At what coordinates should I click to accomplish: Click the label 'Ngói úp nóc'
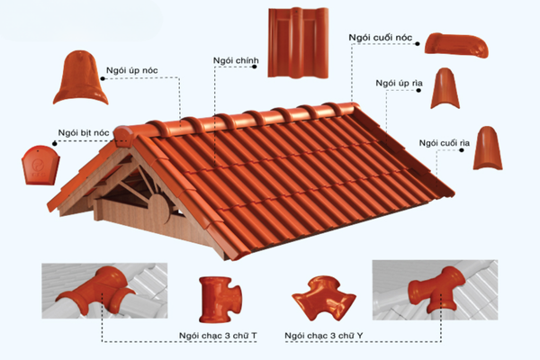(x=132, y=70)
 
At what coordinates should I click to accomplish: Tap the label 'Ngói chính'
(x=236, y=60)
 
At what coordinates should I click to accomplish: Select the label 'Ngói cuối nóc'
(x=380, y=38)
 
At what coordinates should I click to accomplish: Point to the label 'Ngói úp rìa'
(x=399, y=84)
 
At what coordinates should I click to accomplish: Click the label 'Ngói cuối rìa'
(x=445, y=143)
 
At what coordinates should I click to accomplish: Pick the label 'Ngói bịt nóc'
(x=84, y=133)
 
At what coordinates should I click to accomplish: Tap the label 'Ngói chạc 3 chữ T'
(x=218, y=336)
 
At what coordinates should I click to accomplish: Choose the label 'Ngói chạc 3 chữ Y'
(x=324, y=336)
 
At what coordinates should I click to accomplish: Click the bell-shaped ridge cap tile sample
(x=80, y=78)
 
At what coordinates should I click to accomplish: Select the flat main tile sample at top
(x=298, y=42)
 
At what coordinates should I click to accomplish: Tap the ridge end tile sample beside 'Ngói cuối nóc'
(x=456, y=45)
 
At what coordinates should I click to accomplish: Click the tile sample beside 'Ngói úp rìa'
(x=445, y=88)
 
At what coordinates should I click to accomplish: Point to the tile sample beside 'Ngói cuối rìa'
(x=488, y=148)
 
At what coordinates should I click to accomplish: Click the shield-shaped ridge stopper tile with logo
(x=40, y=166)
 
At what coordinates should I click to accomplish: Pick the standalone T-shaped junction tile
(x=220, y=300)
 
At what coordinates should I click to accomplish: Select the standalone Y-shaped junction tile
(x=324, y=297)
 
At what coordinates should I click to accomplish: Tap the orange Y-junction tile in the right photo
(x=436, y=289)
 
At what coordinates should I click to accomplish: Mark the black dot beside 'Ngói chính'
(x=255, y=67)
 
